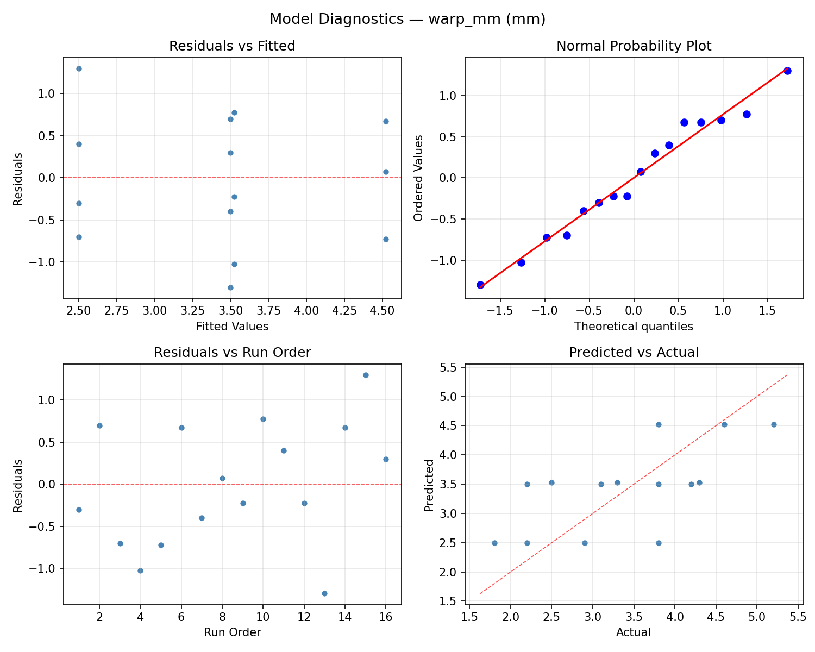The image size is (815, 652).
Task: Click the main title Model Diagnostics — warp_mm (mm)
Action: point(407,20)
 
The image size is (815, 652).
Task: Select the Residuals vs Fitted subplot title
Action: point(232,46)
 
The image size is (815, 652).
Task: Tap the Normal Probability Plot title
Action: point(634,46)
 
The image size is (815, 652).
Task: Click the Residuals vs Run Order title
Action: point(232,353)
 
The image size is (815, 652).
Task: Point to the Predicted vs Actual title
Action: point(634,353)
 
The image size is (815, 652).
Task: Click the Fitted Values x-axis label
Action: point(232,327)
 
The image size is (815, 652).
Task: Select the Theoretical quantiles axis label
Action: point(634,327)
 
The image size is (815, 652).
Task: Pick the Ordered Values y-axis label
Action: point(418,178)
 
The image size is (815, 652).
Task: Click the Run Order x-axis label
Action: point(232,632)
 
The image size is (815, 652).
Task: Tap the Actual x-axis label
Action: point(634,632)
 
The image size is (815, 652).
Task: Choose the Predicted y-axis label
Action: point(429,485)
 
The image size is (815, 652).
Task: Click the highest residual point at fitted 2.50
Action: point(79,68)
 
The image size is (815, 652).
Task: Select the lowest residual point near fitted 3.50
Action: point(230,287)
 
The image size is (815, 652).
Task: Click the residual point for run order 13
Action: point(324,593)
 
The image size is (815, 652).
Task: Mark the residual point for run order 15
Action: point(366,375)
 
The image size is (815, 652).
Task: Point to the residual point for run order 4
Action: point(140,570)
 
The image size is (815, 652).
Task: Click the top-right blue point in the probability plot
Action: point(787,71)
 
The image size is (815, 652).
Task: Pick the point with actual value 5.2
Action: point(774,424)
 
